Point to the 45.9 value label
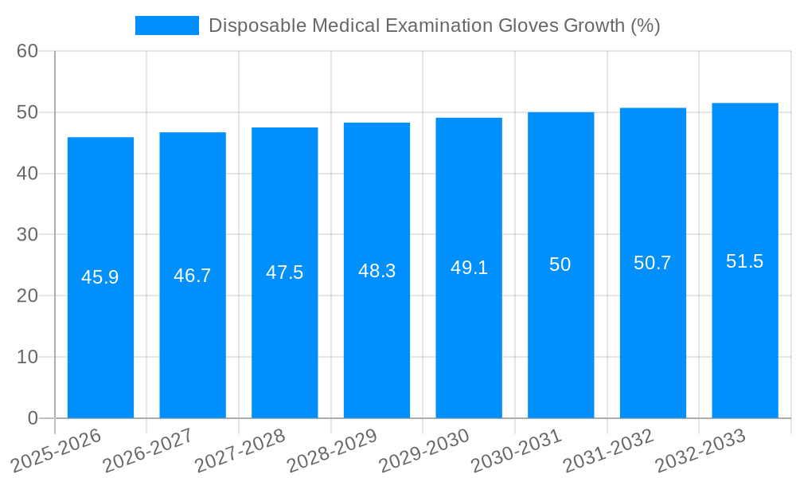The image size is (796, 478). (100, 277)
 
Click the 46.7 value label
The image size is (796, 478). (193, 276)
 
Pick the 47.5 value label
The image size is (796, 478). (285, 272)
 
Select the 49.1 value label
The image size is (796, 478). (469, 268)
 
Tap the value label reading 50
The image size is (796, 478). (560, 264)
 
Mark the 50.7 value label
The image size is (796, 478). (653, 263)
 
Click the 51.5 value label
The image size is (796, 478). (745, 261)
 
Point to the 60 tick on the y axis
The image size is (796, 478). (27, 51)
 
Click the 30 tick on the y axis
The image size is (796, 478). (27, 234)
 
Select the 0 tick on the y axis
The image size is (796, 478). (33, 418)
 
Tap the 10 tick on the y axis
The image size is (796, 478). (27, 357)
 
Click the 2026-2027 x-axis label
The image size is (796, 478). (149, 450)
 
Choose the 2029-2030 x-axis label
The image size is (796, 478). (425, 450)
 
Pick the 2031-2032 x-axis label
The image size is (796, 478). (609, 450)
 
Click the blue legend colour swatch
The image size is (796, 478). (167, 25)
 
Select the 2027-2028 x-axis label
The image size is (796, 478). (240, 450)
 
